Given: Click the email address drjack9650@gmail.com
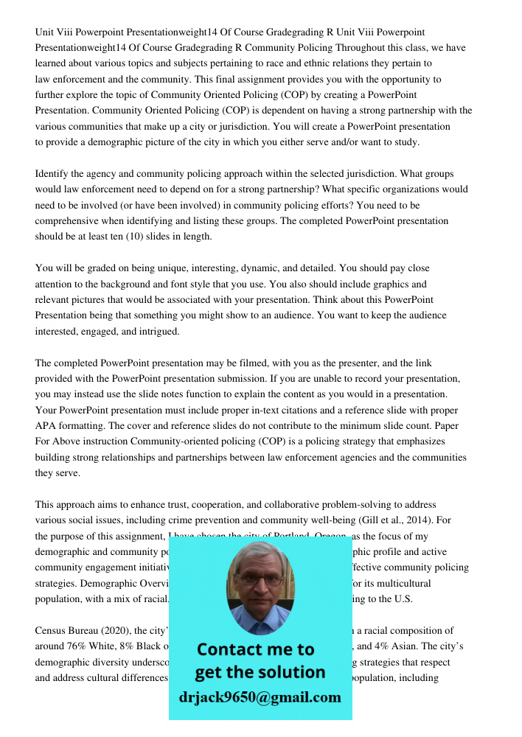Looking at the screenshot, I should [x=260, y=697].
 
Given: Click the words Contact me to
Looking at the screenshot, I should [x=256, y=649].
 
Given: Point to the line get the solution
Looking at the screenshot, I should [x=260, y=672].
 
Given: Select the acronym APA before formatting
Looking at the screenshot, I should [x=46, y=426].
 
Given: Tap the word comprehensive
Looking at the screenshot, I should [x=70, y=221].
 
